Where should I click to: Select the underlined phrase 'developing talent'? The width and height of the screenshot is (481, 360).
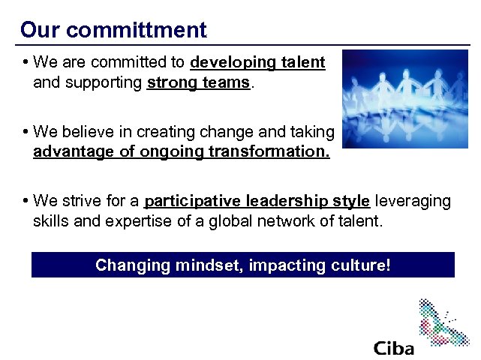[258, 63]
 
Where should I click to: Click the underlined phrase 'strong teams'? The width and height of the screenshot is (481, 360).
[198, 82]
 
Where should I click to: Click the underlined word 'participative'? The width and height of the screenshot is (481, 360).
[190, 202]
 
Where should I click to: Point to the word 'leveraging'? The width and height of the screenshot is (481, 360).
[413, 202]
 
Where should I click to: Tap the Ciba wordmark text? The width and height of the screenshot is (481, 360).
[393, 348]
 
